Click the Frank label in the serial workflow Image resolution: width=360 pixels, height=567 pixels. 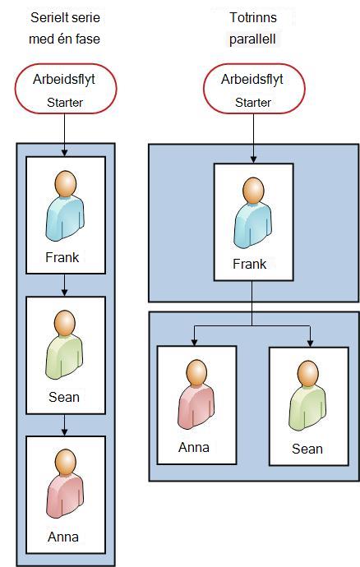pyautogui.click(x=62, y=257)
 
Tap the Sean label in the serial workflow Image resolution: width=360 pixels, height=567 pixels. pyautogui.click(x=64, y=397)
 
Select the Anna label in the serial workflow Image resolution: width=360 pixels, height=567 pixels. pyautogui.click(x=63, y=537)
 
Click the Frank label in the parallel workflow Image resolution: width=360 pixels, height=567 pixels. pyautogui.click(x=249, y=264)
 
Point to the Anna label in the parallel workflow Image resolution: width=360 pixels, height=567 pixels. pyautogui.click(x=194, y=447)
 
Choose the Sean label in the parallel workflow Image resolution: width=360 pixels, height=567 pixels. pyautogui.click(x=307, y=449)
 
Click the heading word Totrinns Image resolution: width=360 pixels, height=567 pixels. pyautogui.click(x=253, y=17)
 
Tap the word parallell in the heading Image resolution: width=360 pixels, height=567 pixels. pyautogui.click(x=252, y=39)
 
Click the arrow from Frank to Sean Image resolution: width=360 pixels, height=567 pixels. pyautogui.click(x=64, y=285)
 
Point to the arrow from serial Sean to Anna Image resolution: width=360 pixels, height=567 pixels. pyautogui.click(x=64, y=425)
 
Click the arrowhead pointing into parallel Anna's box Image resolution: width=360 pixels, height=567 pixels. pyautogui.click(x=194, y=342)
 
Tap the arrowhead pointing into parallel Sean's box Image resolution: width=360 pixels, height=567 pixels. pyautogui.click(x=310, y=343)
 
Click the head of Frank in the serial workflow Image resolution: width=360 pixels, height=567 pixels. pyautogui.click(x=66, y=183)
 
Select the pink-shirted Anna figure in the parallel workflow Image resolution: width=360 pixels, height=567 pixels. pyautogui.click(x=196, y=394)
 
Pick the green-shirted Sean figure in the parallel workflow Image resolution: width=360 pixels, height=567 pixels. pyautogui.click(x=307, y=396)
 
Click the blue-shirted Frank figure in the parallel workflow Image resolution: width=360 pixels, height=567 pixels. pyautogui.click(x=253, y=213)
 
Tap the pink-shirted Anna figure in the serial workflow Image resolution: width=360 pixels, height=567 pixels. pyautogui.click(x=65, y=484)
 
